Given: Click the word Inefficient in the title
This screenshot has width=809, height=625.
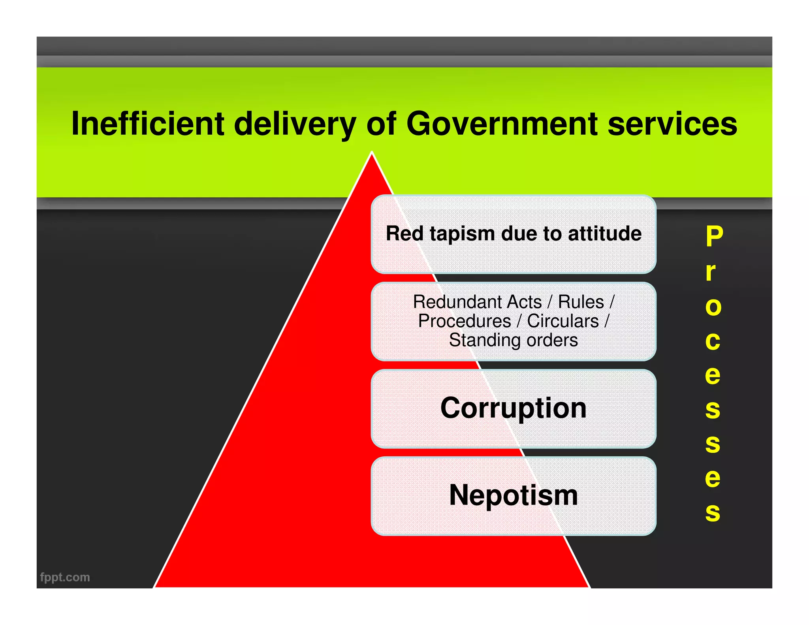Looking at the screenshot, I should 148,124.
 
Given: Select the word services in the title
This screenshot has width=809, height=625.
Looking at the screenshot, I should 672,124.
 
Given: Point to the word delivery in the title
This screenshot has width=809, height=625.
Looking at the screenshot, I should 295,124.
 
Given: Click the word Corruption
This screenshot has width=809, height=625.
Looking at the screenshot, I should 513,408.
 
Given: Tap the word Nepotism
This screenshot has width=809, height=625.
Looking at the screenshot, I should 513,495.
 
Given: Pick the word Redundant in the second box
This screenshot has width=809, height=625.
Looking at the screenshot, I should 477,302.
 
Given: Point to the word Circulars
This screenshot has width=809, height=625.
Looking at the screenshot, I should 563,321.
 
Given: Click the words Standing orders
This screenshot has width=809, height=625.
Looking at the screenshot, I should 513,340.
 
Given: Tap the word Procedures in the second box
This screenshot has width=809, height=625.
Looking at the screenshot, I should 464,321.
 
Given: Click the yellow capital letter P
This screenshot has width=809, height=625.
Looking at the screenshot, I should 714,236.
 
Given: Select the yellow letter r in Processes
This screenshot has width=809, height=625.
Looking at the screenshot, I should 710,272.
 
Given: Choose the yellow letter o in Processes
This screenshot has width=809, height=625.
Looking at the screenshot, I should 713,307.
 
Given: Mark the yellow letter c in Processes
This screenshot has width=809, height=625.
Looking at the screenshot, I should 713,341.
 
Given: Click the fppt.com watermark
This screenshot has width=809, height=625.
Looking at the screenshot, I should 65,577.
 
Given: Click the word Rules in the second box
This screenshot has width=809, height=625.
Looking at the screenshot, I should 581,302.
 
